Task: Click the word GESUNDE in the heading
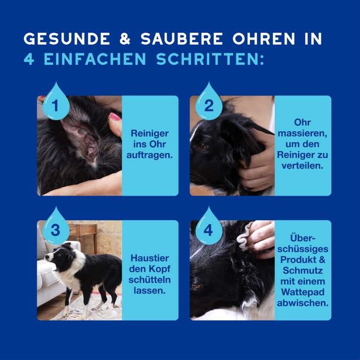coord(67,38)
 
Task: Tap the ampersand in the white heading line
coord(125,38)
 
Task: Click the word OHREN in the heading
coord(263,38)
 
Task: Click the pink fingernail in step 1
coord(115,116)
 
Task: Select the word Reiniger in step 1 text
coord(149,133)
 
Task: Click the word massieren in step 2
coord(302,133)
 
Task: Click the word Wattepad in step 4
coord(302,292)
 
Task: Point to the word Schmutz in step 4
coord(302,271)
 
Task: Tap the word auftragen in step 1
coord(149,155)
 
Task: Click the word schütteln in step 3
coord(149,280)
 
